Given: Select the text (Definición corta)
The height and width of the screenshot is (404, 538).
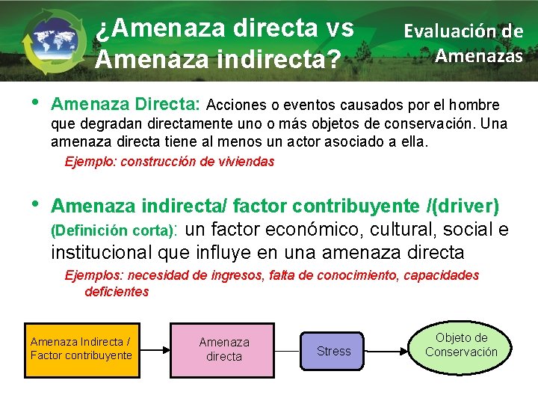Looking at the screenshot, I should click(x=112, y=231).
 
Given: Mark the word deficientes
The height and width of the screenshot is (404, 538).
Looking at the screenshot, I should click(x=117, y=292).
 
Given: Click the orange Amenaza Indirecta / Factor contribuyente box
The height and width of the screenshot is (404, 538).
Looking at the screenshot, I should click(x=81, y=349).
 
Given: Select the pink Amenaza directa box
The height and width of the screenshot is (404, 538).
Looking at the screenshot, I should click(x=223, y=349).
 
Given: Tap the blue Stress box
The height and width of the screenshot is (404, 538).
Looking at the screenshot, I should click(x=333, y=351).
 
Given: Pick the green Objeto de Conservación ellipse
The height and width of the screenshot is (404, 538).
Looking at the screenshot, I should click(x=461, y=345).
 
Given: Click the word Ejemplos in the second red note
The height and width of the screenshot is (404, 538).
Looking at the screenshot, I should click(x=90, y=275).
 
